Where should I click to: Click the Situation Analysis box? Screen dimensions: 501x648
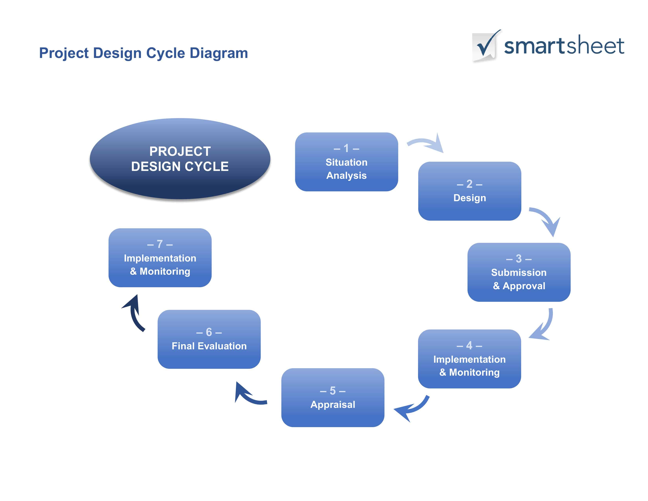346,162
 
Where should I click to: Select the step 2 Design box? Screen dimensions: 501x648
469,191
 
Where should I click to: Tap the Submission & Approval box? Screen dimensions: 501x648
519,272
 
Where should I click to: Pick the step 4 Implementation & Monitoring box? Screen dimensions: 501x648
469,359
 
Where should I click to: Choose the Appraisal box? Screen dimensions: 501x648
333,397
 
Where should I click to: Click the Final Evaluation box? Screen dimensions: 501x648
209,339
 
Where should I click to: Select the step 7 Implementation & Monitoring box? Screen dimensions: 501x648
160,258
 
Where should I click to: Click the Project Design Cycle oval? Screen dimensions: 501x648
180,159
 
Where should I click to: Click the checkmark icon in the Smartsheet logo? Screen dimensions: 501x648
485,45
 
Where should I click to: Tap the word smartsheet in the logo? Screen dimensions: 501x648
564,46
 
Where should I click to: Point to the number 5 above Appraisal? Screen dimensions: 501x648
333,391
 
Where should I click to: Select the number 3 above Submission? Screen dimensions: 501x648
519,259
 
